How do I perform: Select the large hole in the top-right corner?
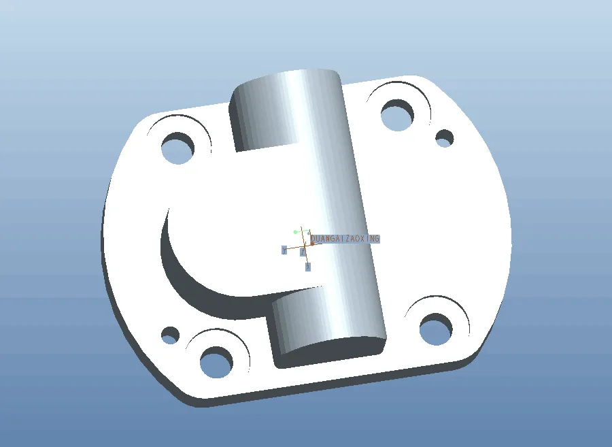[398, 115]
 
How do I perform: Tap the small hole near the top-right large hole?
[445, 139]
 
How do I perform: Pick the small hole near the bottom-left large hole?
[170, 335]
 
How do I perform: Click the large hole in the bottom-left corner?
[216, 362]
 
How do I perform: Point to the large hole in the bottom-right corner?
[435, 329]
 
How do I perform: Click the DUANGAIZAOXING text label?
[345, 239]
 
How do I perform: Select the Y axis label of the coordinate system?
[284, 250]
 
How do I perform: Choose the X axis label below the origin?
[308, 267]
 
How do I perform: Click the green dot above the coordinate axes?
[295, 232]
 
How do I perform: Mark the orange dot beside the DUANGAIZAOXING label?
[312, 242]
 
